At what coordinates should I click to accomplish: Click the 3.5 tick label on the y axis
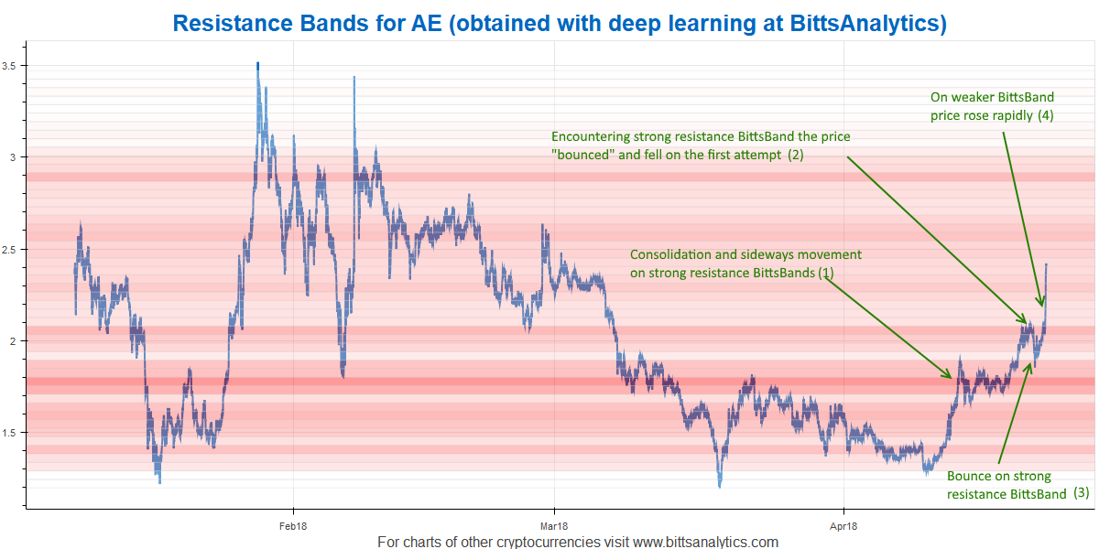pyautogui.click(x=9, y=66)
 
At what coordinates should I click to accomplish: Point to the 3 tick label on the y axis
pyautogui.click(x=13, y=157)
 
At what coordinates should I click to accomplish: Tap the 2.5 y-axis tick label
pyautogui.click(x=9, y=250)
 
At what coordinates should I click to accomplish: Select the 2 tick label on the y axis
pyautogui.click(x=13, y=341)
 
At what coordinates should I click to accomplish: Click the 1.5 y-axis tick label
pyautogui.click(x=9, y=433)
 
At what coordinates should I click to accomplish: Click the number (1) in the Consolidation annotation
pyautogui.click(x=826, y=273)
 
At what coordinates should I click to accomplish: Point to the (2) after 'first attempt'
pyautogui.click(x=796, y=155)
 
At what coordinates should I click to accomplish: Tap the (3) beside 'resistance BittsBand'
pyautogui.click(x=1082, y=492)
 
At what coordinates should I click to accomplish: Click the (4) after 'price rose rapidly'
pyautogui.click(x=1046, y=115)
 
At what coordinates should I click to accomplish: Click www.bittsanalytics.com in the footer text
pyautogui.click(x=705, y=542)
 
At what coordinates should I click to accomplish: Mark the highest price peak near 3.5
pyautogui.click(x=257, y=63)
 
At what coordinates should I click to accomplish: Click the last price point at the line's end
pyautogui.click(x=1046, y=264)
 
